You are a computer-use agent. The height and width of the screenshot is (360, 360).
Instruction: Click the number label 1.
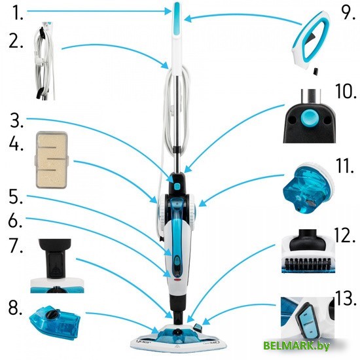(18, 12)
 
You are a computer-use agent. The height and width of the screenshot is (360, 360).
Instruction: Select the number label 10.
(346, 92)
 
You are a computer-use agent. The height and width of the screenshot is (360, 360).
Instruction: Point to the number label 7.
(16, 245)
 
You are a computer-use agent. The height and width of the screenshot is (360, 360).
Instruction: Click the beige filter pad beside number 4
(52, 160)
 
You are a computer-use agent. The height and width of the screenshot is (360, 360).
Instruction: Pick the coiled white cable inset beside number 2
(45, 61)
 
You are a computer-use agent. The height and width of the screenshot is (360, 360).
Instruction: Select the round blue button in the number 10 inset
(309, 117)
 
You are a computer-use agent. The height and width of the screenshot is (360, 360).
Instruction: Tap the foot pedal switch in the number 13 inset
(308, 320)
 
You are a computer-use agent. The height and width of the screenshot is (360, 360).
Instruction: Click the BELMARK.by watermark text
(297, 346)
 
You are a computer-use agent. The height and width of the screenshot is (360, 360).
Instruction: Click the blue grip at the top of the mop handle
(177, 18)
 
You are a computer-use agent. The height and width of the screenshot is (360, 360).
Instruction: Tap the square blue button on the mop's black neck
(177, 186)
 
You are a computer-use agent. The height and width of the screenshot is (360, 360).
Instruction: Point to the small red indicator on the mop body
(177, 280)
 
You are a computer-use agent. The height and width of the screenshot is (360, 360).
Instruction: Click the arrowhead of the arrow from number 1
(168, 10)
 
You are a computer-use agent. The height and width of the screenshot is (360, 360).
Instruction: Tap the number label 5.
(16, 197)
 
